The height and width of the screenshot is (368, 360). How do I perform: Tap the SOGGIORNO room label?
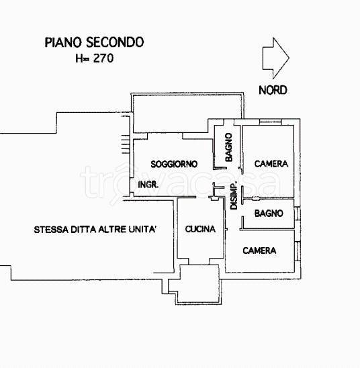173,164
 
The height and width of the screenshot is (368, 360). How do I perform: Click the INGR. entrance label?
148,184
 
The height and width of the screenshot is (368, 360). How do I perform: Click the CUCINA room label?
200,229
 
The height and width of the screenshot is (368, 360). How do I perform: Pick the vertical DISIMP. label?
234,196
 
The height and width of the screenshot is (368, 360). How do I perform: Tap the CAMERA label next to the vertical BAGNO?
271,163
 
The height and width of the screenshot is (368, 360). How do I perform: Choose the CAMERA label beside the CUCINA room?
259,250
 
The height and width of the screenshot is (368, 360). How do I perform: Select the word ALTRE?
114,229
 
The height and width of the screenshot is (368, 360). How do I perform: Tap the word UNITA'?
144,229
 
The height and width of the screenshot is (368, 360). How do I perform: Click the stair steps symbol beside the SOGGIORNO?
124,142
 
